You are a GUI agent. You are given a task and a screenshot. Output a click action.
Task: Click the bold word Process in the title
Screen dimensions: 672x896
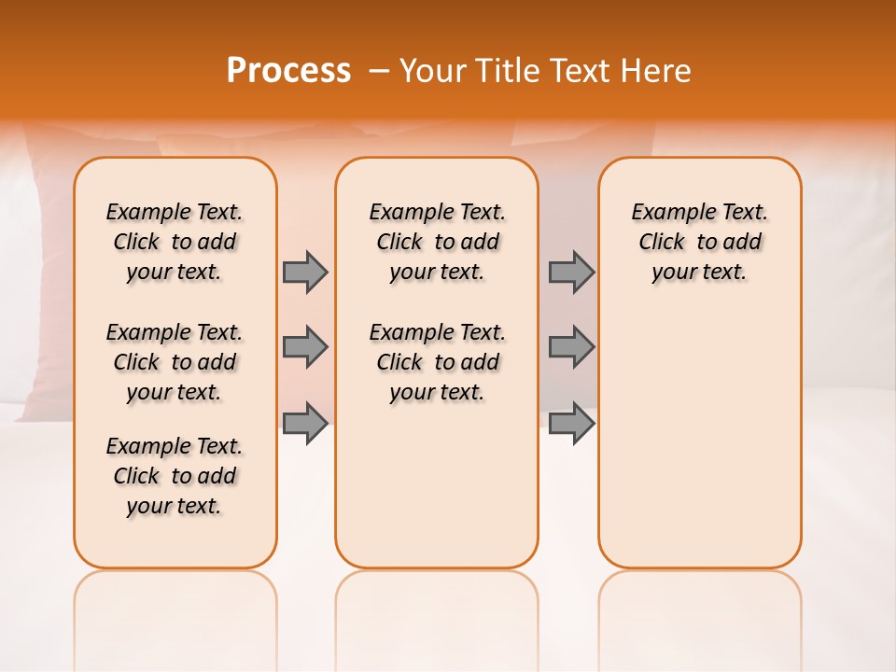pos(288,70)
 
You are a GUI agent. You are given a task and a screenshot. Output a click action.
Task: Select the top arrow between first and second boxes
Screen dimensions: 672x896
pos(305,272)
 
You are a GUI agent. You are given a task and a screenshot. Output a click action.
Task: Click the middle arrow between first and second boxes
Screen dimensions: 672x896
pos(305,347)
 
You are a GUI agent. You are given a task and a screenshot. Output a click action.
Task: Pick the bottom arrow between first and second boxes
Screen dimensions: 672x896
pos(305,424)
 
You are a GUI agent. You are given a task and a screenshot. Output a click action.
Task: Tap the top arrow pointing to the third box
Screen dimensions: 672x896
pos(571,272)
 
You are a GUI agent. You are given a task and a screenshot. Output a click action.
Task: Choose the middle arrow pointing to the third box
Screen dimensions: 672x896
pos(571,347)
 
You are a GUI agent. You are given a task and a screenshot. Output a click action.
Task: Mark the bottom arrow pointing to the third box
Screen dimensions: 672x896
pos(571,424)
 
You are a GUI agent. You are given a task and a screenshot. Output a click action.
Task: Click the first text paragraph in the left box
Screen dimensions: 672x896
pos(175,242)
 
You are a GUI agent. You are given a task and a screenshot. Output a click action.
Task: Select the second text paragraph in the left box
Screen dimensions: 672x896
pos(175,362)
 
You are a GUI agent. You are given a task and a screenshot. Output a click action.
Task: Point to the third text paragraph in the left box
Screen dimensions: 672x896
pos(175,476)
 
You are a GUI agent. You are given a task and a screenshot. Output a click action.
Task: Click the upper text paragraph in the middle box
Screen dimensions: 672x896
pos(437,242)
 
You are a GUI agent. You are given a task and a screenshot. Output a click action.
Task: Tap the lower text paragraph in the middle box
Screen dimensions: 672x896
pos(437,362)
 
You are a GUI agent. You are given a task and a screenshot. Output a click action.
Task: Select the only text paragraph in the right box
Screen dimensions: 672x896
pos(699,242)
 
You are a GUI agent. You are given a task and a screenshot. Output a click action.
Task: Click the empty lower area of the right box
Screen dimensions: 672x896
pos(699,439)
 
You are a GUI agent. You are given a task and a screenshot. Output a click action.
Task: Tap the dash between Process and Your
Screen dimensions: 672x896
pos(379,71)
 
